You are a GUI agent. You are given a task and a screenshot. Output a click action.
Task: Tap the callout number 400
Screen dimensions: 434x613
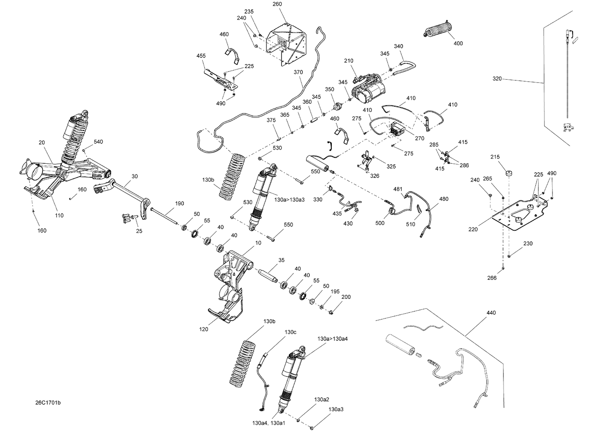coord(458,43)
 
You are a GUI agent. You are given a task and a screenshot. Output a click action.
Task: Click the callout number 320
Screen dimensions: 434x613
coord(497,78)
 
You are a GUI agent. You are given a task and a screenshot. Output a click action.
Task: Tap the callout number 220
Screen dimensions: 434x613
coord(473,229)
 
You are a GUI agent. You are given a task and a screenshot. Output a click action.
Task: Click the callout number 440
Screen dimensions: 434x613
coord(491,313)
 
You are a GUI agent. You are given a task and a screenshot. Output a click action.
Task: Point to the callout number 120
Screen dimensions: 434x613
coord(204,329)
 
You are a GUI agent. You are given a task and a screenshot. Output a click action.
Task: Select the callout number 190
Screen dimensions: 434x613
coord(179,203)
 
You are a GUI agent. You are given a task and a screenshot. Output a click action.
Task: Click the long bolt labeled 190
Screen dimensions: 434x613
coord(166,216)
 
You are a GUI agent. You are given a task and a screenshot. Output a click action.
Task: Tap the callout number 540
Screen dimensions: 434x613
coord(98,142)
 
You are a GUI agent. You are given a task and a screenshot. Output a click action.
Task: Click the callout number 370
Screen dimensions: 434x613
coord(298,72)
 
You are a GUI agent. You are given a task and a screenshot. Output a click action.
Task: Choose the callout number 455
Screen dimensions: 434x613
coord(201,56)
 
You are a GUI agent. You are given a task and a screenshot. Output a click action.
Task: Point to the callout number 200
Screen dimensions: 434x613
coord(346,297)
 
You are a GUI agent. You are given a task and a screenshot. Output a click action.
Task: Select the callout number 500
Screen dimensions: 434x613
coord(380,223)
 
